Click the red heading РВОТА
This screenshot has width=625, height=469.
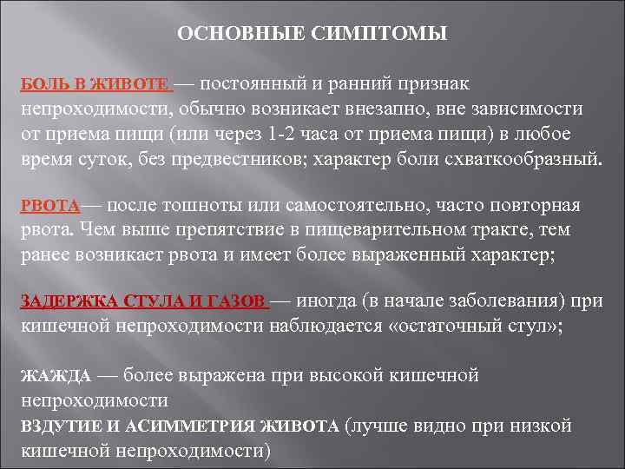(x=49, y=207)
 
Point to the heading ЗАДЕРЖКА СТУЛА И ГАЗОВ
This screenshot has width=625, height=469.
(x=142, y=302)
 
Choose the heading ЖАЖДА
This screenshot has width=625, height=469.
(x=55, y=376)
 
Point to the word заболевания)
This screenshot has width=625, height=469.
(x=516, y=301)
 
